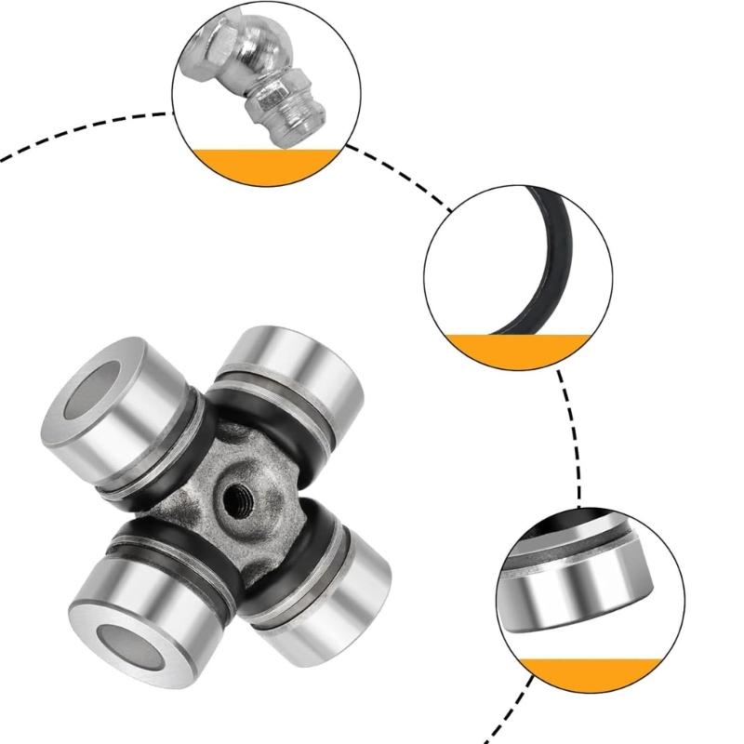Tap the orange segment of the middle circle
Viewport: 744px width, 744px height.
click(x=516, y=349)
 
